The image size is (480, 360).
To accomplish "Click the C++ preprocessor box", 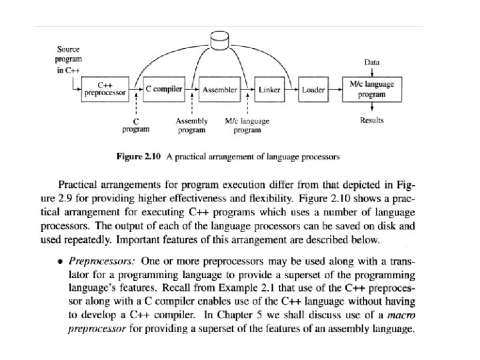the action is coord(105,89).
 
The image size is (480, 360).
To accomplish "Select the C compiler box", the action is coord(164,89).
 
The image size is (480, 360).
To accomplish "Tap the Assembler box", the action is coord(219,89).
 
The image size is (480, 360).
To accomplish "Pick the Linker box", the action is coord(269,89).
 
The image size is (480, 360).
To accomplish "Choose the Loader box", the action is coord(313,89).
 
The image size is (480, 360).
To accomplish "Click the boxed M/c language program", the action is coord(371,89).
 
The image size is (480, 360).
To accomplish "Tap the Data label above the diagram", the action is coord(372,61).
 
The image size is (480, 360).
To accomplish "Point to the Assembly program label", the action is coord(191,126).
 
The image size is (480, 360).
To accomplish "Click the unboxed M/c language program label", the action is coord(247,126).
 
